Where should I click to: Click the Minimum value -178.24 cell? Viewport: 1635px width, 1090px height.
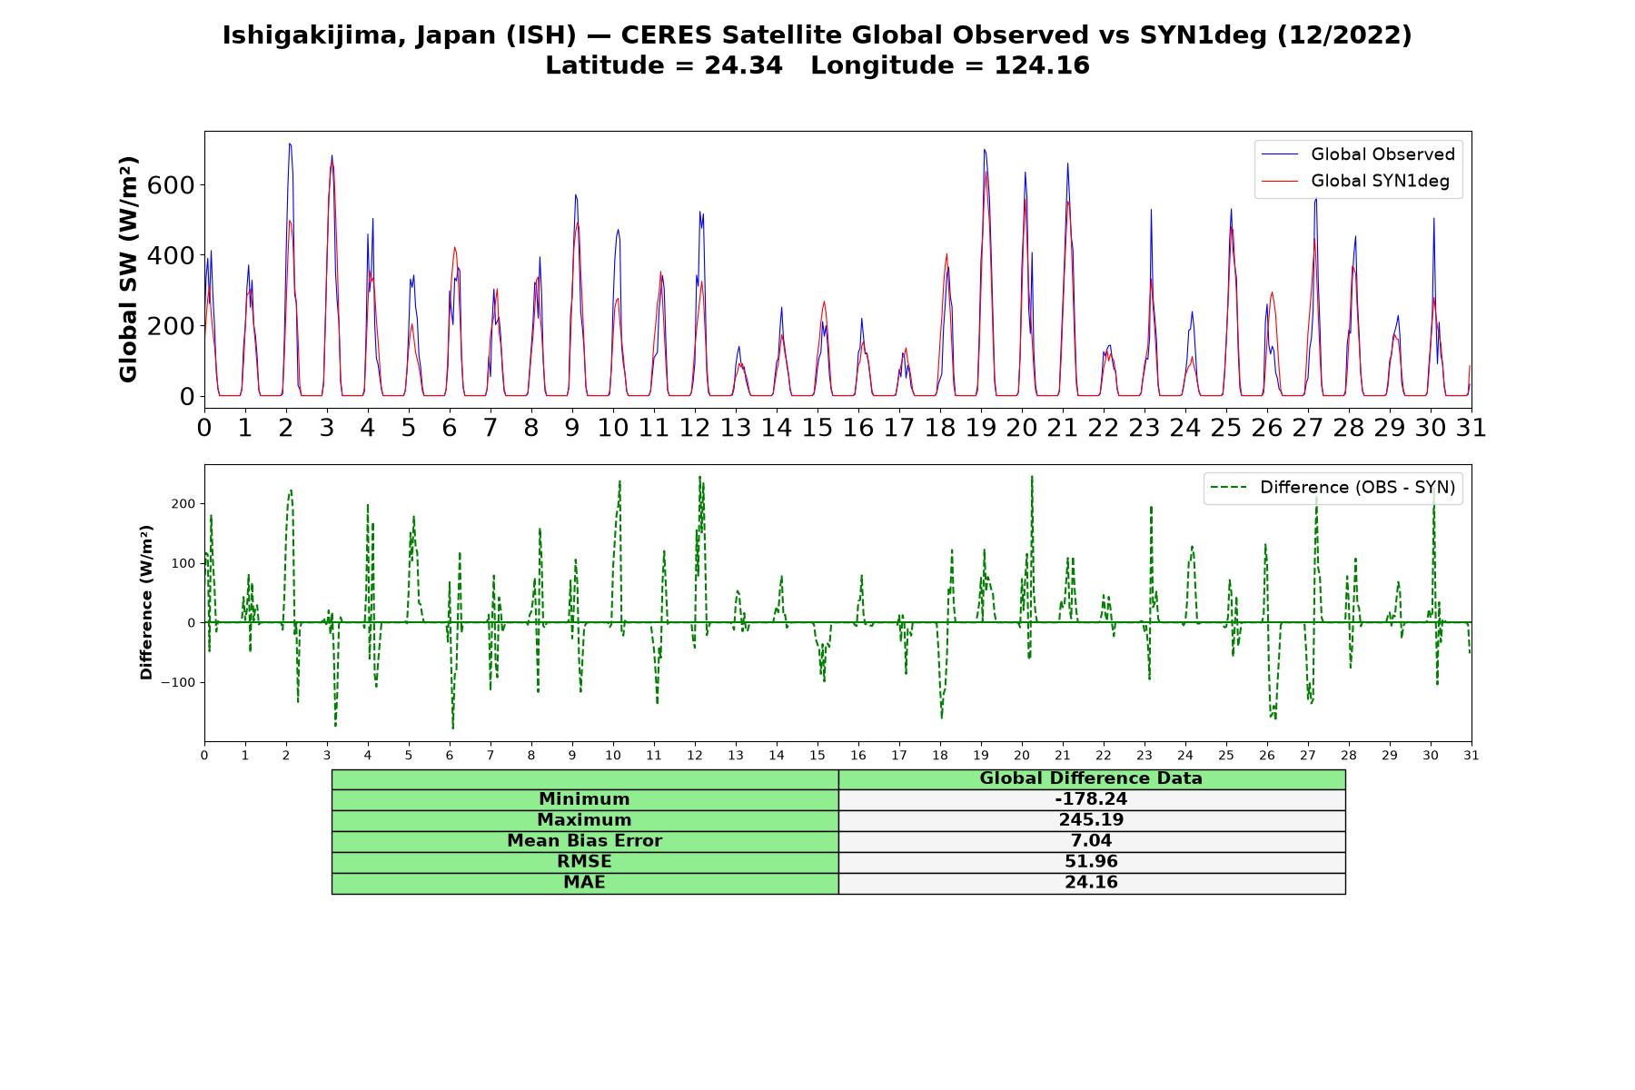1091,799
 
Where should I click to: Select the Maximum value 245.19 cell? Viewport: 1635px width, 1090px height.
1091,820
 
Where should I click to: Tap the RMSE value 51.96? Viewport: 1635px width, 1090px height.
1091,862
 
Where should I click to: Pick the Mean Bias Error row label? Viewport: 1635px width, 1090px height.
584,841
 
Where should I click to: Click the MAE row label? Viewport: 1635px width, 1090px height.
584,883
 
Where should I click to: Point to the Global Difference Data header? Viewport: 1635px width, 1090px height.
1091,778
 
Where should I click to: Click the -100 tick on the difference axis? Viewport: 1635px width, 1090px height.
180,682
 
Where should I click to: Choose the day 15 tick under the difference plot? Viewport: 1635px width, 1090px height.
817,755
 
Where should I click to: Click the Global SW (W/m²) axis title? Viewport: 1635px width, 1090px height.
128,270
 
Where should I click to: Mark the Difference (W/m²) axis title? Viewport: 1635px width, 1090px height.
146,603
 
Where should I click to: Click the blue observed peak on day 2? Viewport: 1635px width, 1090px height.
290,144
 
